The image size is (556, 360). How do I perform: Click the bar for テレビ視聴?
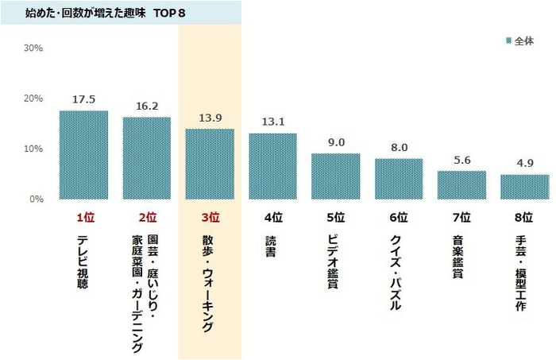point(84,155)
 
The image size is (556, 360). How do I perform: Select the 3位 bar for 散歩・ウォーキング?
point(210,164)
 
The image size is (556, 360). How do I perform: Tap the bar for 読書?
point(272,166)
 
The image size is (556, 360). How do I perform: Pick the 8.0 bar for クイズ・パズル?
point(399,179)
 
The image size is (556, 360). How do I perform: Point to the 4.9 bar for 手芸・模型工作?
point(524,187)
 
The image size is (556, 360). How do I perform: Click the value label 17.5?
point(84,100)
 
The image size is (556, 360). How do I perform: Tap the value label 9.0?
point(336,142)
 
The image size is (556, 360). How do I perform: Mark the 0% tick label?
point(36,199)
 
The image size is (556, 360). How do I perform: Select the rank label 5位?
point(336,216)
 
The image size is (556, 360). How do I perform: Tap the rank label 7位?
point(461,216)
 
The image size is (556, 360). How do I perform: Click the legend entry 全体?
point(522,40)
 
